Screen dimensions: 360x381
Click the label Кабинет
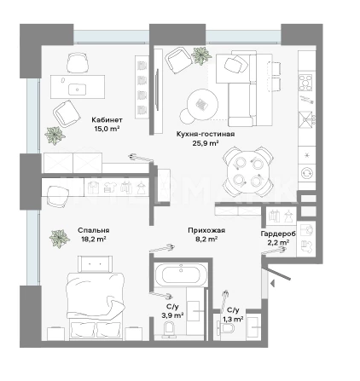[x=107, y=120]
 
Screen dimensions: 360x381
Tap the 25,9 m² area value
[x=206, y=143]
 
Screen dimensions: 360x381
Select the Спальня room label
[x=94, y=230]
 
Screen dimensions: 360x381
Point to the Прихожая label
[x=206, y=230]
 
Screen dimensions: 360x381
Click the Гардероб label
[x=278, y=234]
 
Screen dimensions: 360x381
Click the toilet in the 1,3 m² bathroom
[x=226, y=328]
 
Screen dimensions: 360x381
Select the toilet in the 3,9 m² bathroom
[x=171, y=329]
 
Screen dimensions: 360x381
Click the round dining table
[x=248, y=171]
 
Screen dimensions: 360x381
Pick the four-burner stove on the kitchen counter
[x=305, y=83]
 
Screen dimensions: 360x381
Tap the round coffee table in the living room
[x=202, y=104]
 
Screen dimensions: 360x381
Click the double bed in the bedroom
[x=96, y=298]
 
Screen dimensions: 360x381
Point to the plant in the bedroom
[x=59, y=239]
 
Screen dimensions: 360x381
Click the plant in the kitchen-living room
[x=201, y=55]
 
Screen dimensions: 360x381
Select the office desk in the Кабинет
[x=78, y=87]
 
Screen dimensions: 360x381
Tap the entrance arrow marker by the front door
[x=272, y=283]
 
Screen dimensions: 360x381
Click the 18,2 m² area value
[x=92, y=240]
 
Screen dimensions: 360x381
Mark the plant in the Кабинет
[x=55, y=136]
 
